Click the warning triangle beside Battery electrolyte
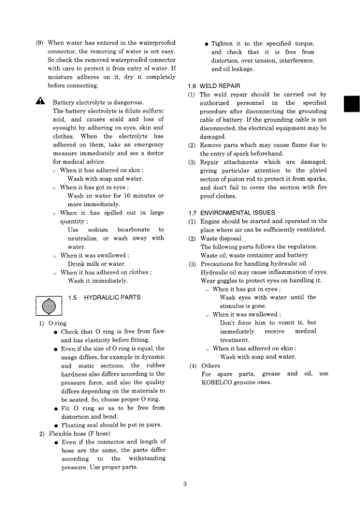[40, 102]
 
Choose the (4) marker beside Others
[192, 365]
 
